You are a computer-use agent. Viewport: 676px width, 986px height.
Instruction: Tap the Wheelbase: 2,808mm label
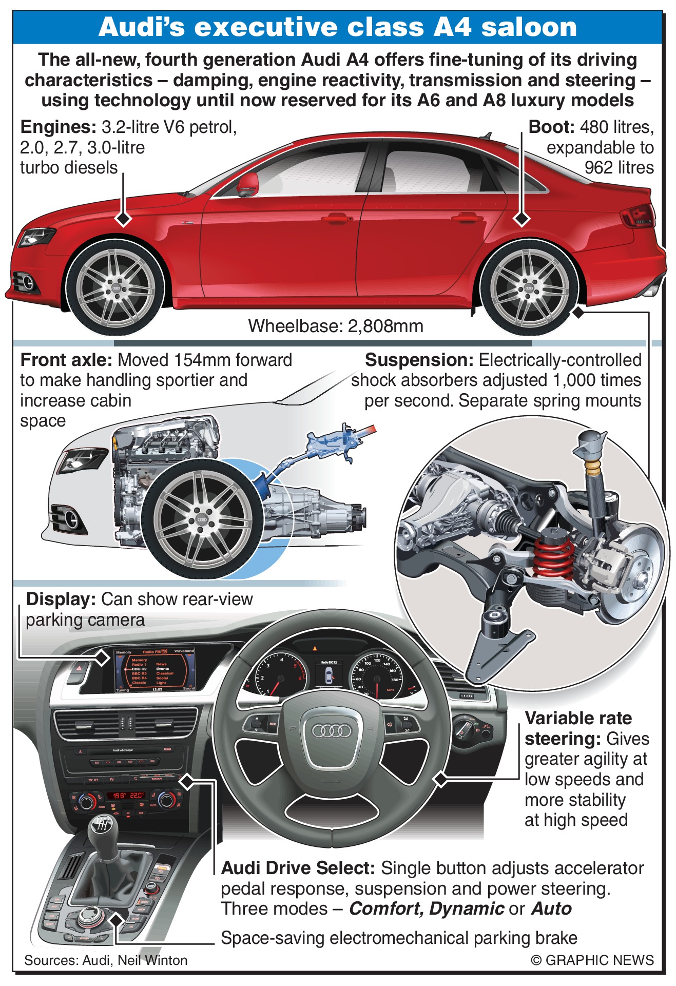[336, 326]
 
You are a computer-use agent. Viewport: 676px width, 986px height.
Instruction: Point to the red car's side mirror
[247, 184]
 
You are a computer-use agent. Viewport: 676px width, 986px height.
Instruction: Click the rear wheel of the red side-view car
[529, 288]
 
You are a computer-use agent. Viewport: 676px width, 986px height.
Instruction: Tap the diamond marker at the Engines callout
[123, 219]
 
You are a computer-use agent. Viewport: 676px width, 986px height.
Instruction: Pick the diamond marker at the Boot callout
[522, 219]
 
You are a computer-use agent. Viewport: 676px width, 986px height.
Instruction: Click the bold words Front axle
[66, 360]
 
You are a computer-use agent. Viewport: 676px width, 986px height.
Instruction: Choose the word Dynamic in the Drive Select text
[467, 908]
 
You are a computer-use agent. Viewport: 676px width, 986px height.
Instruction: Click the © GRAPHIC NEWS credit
[592, 960]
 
